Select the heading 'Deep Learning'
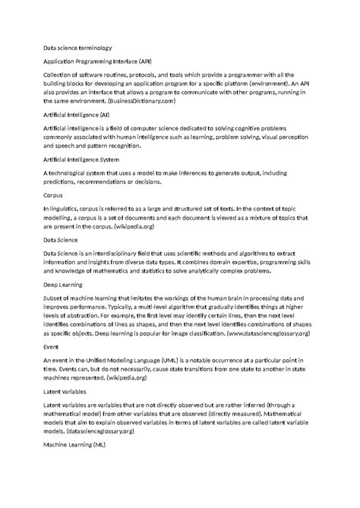pyautogui.click(x=64, y=286)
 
